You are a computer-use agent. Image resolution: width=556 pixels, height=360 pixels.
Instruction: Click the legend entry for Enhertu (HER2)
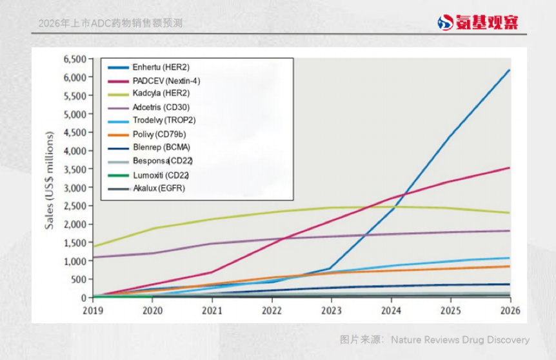point(161,67)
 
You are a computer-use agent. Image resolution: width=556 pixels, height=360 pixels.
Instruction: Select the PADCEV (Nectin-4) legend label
point(166,81)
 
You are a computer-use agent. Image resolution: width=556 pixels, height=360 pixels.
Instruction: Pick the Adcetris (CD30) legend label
point(161,107)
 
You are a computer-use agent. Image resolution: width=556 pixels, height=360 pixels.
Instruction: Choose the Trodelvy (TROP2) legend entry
point(164,120)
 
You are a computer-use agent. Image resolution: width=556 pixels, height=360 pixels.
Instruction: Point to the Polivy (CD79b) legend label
point(160,134)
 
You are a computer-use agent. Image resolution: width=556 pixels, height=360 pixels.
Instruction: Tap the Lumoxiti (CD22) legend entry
point(161,175)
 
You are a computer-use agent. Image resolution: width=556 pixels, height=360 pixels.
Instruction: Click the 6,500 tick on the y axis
point(75,59)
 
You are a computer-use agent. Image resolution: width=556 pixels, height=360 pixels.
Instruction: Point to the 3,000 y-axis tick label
point(75,188)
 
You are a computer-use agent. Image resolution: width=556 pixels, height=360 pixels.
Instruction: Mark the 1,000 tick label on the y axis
point(75,261)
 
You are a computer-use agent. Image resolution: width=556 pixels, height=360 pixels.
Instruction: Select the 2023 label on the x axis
point(331,310)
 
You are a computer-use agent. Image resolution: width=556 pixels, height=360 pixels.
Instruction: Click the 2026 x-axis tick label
point(510,310)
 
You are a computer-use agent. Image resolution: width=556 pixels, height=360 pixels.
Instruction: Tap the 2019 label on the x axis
point(94,310)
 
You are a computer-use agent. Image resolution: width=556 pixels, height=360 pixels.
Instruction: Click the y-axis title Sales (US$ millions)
point(50,180)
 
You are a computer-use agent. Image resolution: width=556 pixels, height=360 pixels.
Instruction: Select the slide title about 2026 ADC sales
point(110,23)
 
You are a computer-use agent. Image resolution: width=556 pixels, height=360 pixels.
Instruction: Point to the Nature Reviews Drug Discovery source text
point(435,340)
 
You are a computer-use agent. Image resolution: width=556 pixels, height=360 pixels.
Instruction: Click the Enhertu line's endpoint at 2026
point(510,70)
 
